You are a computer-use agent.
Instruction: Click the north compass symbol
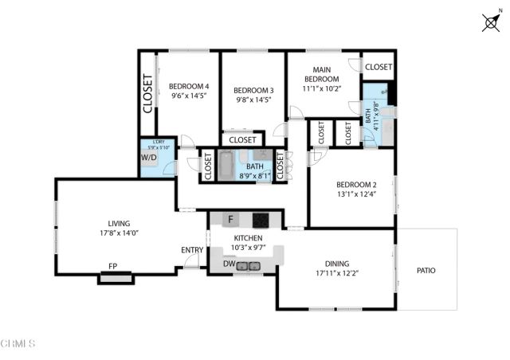click(x=491, y=23)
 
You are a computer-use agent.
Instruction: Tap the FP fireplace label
click(x=113, y=268)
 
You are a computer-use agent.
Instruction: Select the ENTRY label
click(x=192, y=250)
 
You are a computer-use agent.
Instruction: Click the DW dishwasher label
click(x=229, y=264)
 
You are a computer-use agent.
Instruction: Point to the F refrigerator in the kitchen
click(x=231, y=219)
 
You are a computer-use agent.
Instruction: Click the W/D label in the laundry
click(x=149, y=158)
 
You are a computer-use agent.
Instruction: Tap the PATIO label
click(x=426, y=271)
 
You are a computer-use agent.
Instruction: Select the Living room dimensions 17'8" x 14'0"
click(x=119, y=234)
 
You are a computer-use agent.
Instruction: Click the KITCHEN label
click(x=247, y=238)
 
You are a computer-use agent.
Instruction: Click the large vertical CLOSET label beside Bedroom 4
click(x=147, y=93)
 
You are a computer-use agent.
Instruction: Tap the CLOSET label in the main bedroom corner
click(x=378, y=68)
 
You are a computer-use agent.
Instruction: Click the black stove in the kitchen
click(x=261, y=219)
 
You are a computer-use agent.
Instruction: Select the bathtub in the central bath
click(x=226, y=165)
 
